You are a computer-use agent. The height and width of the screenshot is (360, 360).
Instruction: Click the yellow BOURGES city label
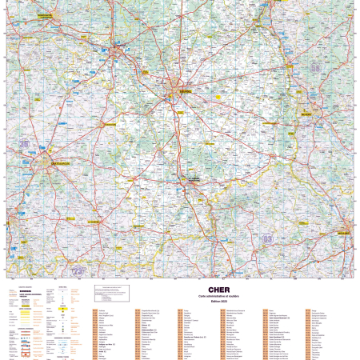click(185, 91)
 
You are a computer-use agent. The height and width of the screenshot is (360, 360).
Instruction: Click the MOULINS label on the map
click(344, 233)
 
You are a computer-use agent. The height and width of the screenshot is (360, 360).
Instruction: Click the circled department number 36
click(24, 144)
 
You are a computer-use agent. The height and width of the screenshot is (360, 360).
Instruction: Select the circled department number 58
click(315, 68)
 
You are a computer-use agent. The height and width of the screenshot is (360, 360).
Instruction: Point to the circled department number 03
click(267, 238)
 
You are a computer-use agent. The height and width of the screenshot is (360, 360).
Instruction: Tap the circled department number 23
click(78, 271)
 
